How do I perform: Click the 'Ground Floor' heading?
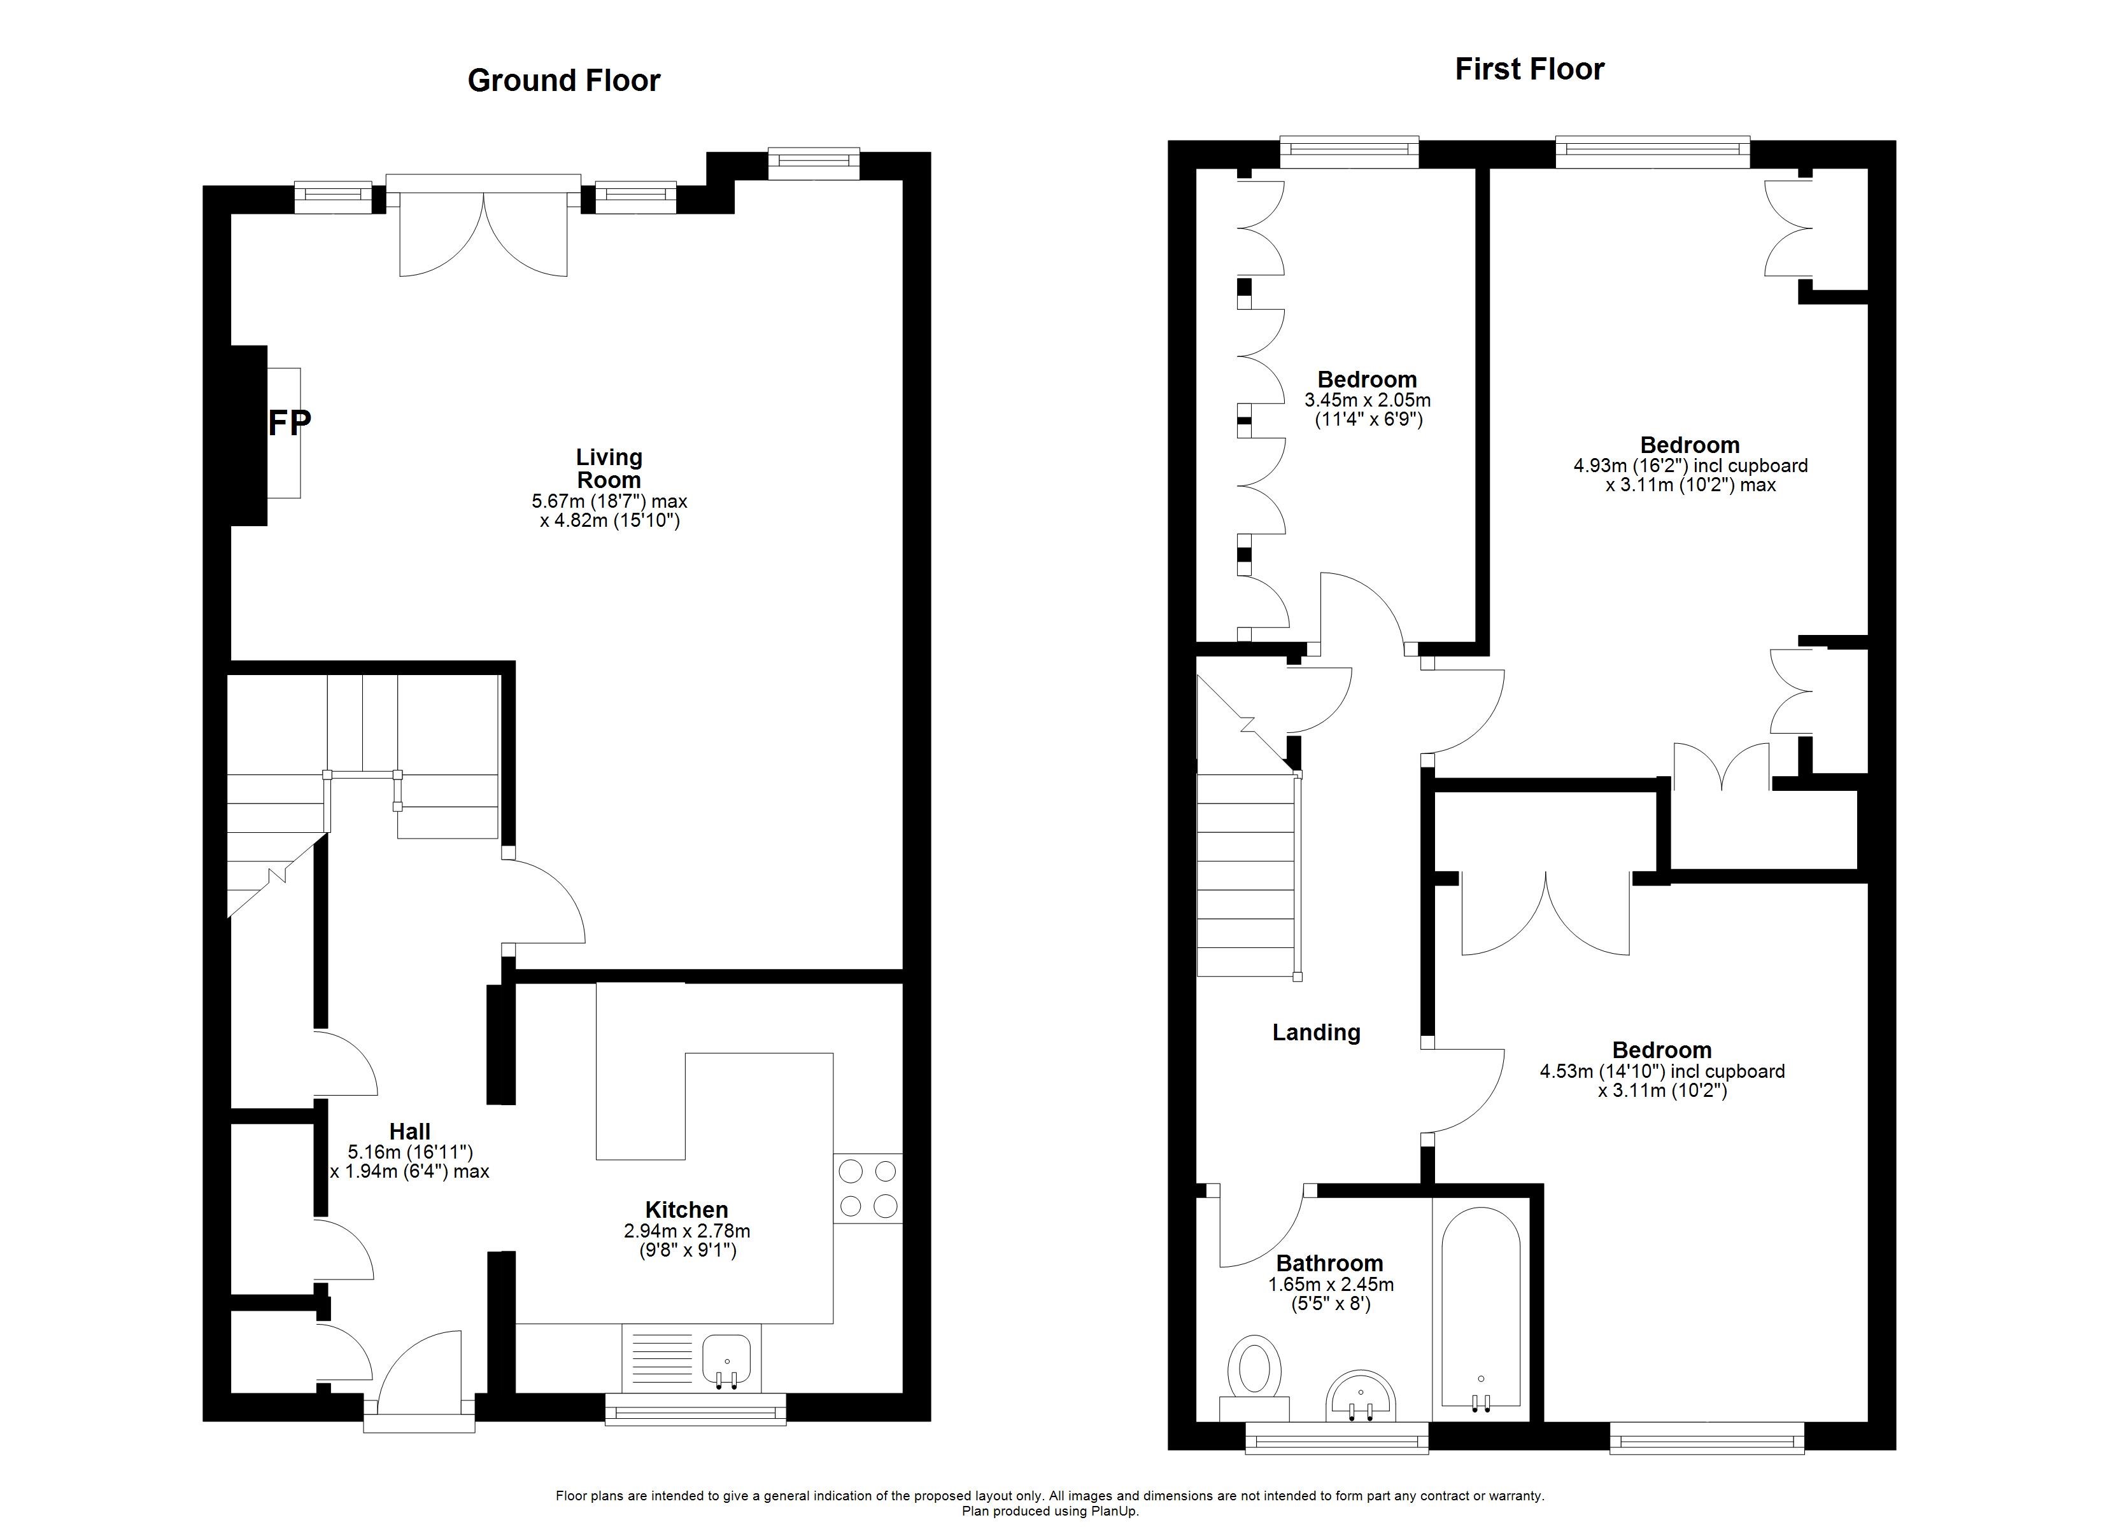[563, 81]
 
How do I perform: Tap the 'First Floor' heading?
[1529, 69]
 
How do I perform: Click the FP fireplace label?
[289, 423]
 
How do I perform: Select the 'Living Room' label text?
[609, 468]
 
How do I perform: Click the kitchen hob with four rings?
[867, 1188]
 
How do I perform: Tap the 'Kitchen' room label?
[686, 1210]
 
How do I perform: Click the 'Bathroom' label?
[1329, 1263]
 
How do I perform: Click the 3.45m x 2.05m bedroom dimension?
[1368, 401]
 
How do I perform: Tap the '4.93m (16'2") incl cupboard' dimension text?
[1690, 466]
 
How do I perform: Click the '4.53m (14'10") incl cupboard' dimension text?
[1662, 1071]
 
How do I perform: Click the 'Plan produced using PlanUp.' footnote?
[1050, 1511]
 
